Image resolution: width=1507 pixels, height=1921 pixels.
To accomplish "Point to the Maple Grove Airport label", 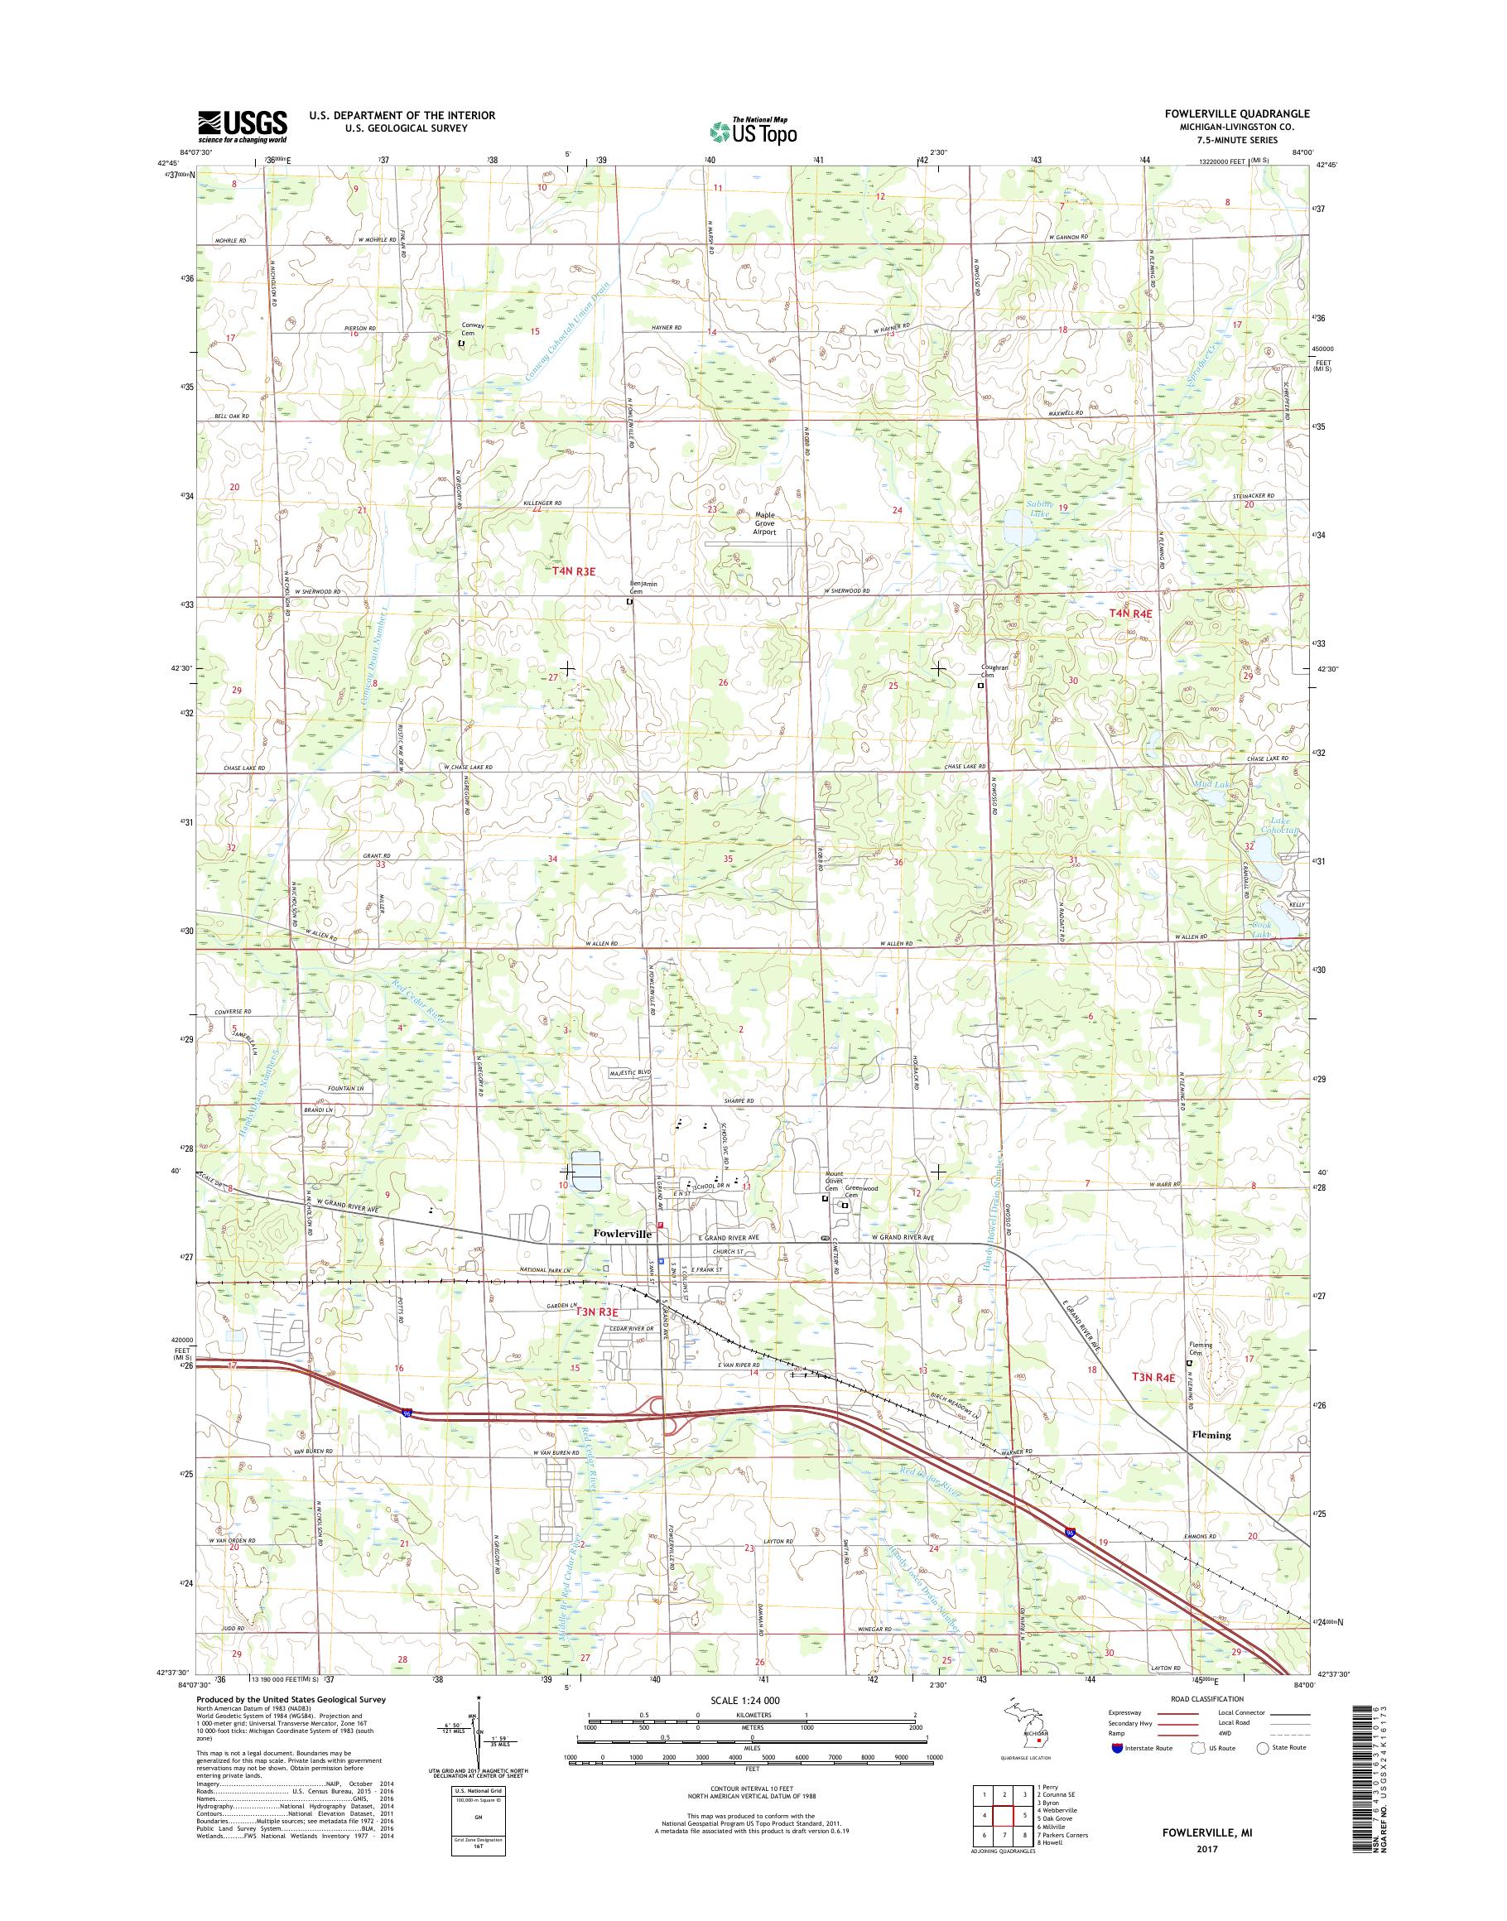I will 764,523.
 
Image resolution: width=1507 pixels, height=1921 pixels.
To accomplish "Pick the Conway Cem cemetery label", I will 473,330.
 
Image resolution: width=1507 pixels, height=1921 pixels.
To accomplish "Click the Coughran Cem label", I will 994,671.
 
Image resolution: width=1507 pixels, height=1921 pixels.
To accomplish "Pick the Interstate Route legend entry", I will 1139,1773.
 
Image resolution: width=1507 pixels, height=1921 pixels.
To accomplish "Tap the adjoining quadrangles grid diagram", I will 1000,1829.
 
